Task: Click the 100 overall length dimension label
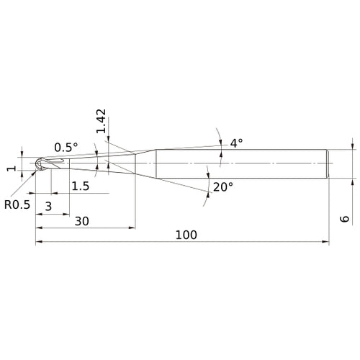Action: (186, 235)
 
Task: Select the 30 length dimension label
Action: (82, 221)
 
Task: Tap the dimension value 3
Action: (48, 206)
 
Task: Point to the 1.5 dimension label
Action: (81, 186)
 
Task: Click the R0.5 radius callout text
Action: (17, 204)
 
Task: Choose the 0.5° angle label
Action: (66, 148)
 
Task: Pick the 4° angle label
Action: (236, 143)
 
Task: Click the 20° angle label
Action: (223, 187)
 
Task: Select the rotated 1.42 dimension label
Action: (101, 121)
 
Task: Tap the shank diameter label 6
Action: (345, 219)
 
